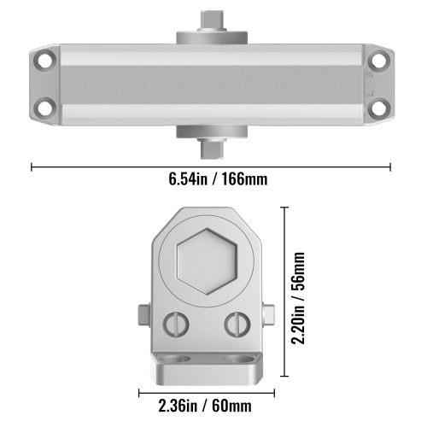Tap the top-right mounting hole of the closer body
pyautogui.click(x=377, y=61)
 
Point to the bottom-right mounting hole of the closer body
pyautogui.click(x=377, y=108)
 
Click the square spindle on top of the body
pyautogui.click(x=211, y=20)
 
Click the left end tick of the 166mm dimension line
pyautogui.click(x=32, y=167)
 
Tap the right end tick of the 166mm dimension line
pyautogui.click(x=391, y=167)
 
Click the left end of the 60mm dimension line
pyautogui.click(x=139, y=392)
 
